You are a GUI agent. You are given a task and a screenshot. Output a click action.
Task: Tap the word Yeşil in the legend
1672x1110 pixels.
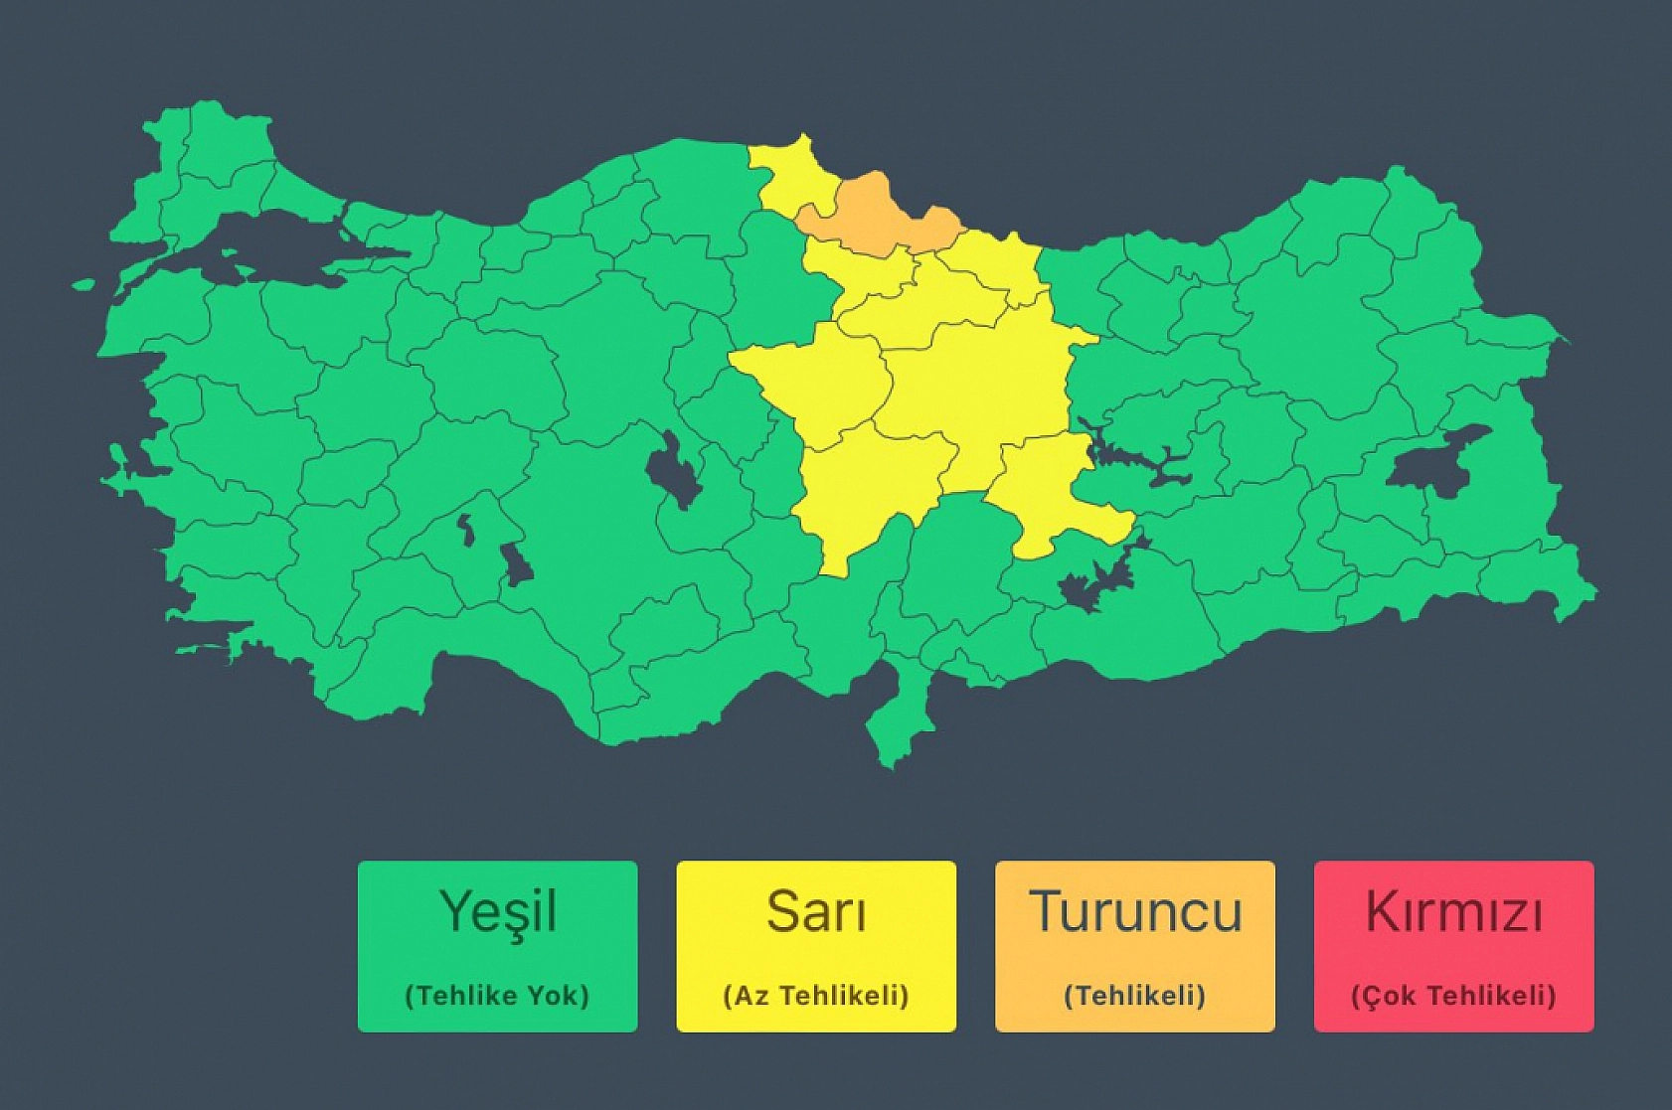(497, 911)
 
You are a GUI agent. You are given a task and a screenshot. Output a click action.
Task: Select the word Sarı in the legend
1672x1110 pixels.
(816, 911)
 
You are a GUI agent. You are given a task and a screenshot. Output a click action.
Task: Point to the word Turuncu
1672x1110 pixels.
(1135, 911)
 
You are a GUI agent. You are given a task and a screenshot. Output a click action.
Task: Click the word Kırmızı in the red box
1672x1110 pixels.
(1453, 911)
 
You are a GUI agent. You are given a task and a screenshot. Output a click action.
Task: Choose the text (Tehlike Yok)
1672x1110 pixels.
(497, 995)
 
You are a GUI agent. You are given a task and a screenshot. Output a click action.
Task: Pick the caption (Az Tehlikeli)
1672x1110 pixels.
(816, 995)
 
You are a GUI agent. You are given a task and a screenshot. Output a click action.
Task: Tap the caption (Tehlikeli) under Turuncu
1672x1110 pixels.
(1135, 995)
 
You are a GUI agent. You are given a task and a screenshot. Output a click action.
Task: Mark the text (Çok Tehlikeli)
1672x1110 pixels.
(1453, 995)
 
